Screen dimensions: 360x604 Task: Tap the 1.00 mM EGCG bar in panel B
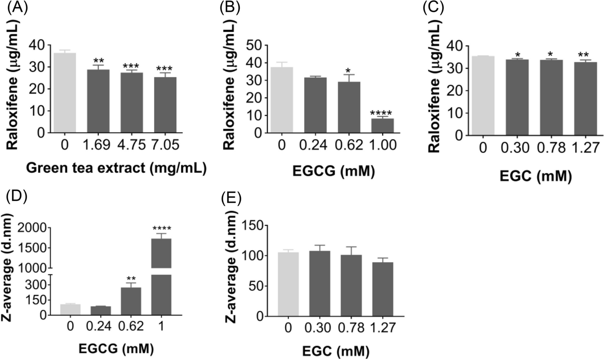pyautogui.click(x=383, y=125)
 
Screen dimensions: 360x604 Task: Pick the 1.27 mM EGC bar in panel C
pyautogui.click(x=585, y=99)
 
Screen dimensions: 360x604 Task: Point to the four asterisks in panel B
pyautogui.click(x=381, y=113)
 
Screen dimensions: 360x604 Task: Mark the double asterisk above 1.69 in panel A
pyautogui.click(x=98, y=61)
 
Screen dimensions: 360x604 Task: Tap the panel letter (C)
pyautogui.click(x=433, y=8)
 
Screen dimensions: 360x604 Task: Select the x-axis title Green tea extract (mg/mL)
pyautogui.click(x=116, y=168)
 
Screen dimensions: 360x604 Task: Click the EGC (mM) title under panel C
pyautogui.click(x=536, y=176)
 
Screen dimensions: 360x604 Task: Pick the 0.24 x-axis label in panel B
pyautogui.click(x=313, y=145)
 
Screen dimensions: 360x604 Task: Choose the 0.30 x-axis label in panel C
pyautogui.click(x=515, y=148)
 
